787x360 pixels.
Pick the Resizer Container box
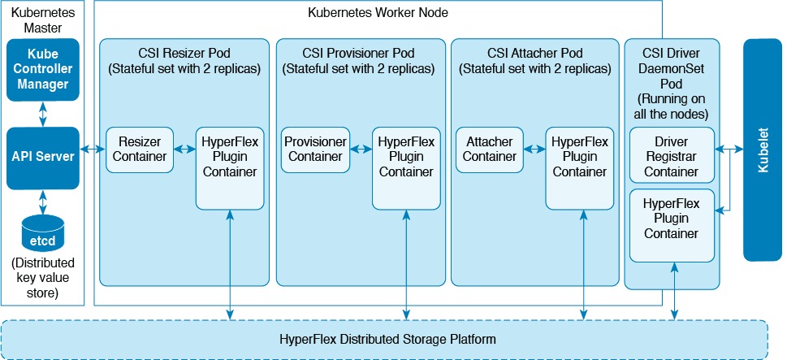(141, 150)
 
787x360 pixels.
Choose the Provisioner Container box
(315, 150)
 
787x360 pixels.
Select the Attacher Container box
(489, 150)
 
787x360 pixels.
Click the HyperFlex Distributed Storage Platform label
(387, 337)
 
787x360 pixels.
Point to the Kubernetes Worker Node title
(378, 13)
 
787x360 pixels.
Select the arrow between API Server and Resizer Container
(95, 150)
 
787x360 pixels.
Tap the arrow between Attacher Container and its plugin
(534, 150)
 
